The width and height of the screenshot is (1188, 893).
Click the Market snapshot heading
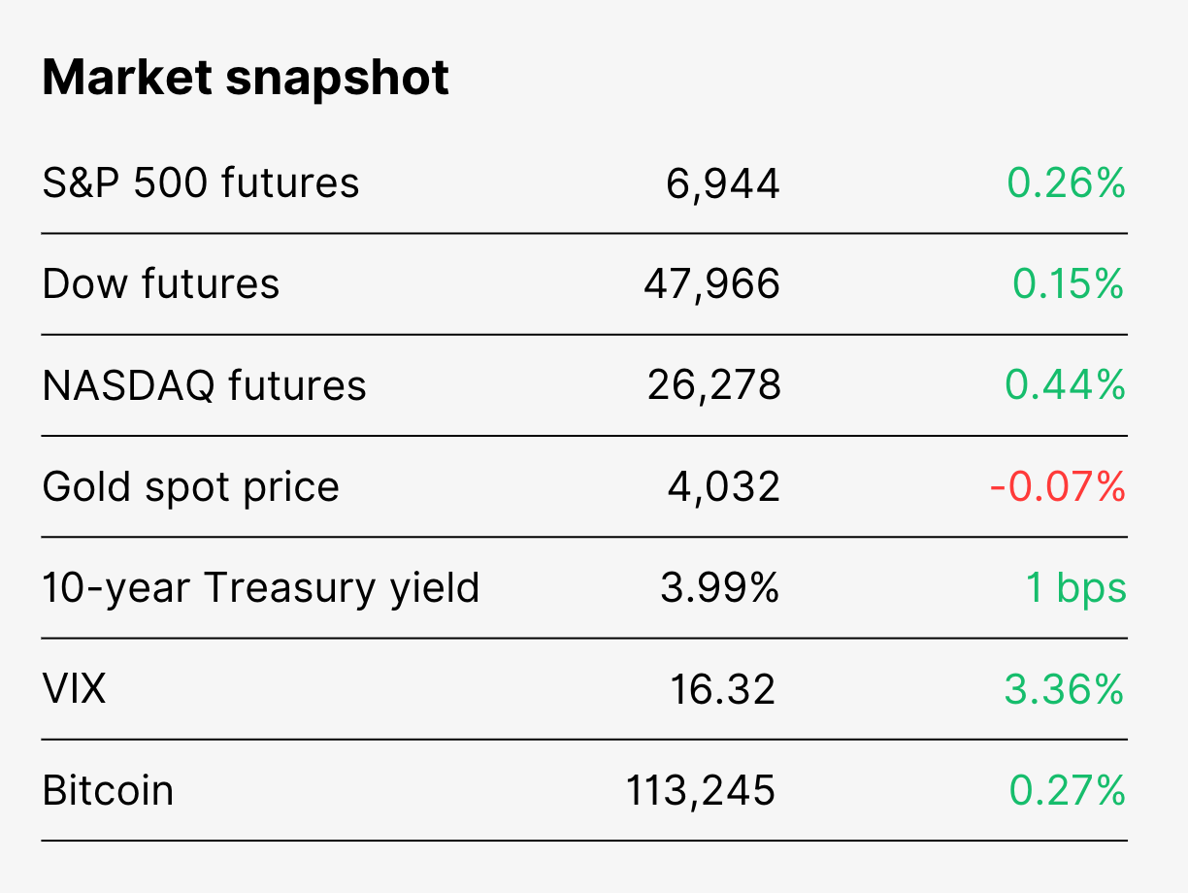(x=246, y=79)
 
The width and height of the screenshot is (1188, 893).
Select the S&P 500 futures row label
(x=201, y=182)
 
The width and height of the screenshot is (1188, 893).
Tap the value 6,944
(x=722, y=185)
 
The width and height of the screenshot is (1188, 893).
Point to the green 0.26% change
(x=1066, y=182)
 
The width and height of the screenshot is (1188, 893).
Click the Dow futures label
(x=161, y=283)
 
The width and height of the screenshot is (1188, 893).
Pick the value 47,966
(x=711, y=285)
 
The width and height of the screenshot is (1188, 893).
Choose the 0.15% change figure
(x=1068, y=283)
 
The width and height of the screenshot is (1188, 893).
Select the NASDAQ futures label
(x=204, y=386)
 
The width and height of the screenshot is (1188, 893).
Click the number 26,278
(x=714, y=386)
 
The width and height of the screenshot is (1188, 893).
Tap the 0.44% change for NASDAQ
(x=1065, y=384)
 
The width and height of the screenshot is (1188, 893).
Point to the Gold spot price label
(x=190, y=488)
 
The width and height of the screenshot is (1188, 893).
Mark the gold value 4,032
(x=724, y=487)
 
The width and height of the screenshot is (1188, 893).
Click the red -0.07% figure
(x=1058, y=486)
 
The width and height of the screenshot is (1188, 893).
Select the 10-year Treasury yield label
(x=261, y=589)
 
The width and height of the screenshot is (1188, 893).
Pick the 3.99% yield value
(x=720, y=587)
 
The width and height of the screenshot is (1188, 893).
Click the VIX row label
(x=74, y=689)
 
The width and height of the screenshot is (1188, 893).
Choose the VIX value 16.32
(x=722, y=689)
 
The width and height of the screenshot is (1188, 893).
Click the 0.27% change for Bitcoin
(x=1067, y=790)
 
